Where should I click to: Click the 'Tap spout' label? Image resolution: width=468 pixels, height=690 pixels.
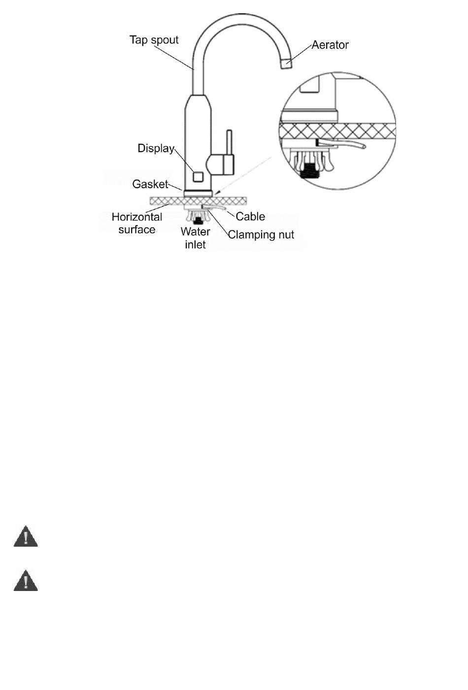point(154,40)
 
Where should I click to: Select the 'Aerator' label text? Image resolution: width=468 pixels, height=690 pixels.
point(330,45)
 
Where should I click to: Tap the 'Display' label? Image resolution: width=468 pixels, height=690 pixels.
point(156,148)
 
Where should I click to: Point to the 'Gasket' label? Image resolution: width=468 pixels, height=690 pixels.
point(150,184)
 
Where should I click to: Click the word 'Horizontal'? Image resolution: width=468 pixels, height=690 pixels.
point(137,217)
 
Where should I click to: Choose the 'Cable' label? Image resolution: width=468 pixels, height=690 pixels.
point(250,217)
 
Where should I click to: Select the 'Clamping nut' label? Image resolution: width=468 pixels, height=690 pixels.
point(261,235)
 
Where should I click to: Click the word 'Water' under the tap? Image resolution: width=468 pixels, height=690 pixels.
point(196,231)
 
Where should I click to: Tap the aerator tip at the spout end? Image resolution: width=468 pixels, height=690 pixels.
point(287,63)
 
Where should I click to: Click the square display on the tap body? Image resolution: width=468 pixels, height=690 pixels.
point(198,177)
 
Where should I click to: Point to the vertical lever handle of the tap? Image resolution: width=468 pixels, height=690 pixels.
point(229,143)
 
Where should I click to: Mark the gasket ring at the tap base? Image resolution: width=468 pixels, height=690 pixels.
point(198,194)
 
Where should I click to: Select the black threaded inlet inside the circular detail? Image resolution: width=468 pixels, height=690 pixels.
point(310,170)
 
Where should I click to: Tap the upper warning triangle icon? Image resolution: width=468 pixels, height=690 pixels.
point(26,537)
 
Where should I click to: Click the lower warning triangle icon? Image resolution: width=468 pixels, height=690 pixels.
point(26,581)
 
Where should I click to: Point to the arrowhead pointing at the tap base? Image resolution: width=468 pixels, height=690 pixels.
point(217,193)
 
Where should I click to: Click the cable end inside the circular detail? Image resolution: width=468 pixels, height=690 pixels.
point(364,146)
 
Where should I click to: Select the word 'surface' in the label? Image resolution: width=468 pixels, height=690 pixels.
point(137,230)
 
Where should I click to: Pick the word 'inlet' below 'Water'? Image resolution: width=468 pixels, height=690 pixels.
point(195,245)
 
